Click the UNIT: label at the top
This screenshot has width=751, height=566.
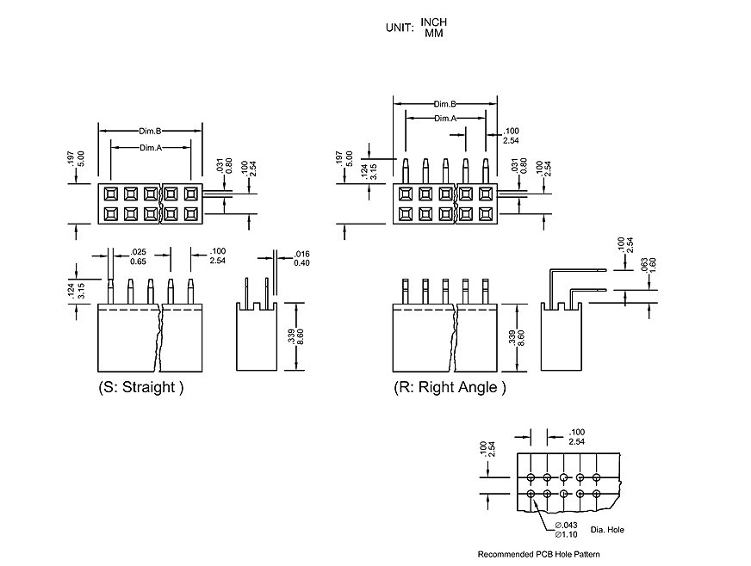400,28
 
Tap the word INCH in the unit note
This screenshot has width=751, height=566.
434,22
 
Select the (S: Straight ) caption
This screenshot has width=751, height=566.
141,387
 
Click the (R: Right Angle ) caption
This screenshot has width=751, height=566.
450,387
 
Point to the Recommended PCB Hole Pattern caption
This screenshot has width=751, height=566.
538,554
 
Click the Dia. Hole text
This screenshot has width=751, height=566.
608,530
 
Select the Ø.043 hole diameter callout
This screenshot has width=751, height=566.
566,525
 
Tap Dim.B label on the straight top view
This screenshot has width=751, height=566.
151,131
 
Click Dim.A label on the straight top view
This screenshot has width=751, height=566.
151,148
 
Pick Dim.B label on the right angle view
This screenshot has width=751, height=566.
444,103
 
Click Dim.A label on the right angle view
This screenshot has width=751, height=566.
444,118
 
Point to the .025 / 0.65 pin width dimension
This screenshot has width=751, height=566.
137,255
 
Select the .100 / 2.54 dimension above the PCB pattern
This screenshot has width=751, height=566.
577,436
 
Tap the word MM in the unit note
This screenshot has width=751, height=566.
433,33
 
